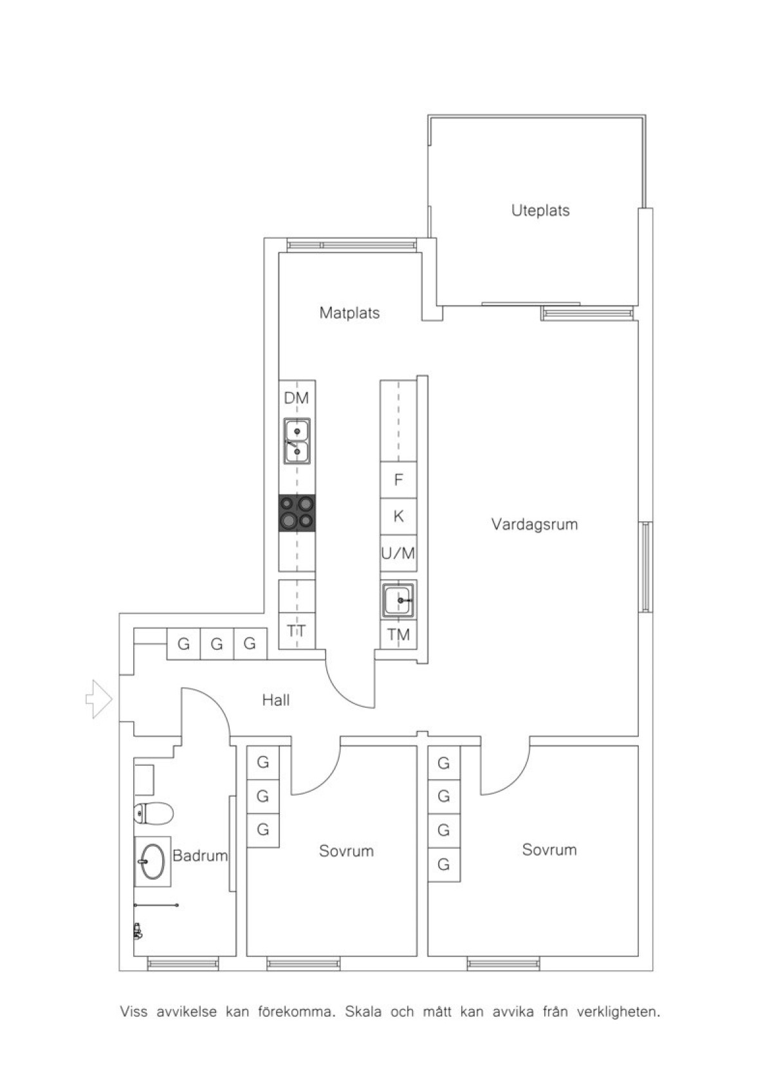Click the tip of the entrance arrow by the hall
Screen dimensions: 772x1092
[113, 699]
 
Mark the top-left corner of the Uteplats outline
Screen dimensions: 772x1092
[428, 116]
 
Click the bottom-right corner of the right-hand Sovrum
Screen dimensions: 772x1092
[638, 956]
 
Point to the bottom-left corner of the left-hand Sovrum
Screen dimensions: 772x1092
[246, 956]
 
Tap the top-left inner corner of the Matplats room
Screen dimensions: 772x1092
[279, 252]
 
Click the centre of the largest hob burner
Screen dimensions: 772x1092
[288, 521]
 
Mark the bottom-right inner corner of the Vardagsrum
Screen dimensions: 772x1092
[638, 736]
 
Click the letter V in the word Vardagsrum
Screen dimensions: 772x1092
[496, 524]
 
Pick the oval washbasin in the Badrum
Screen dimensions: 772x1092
[153, 862]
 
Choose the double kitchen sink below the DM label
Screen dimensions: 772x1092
[297, 441]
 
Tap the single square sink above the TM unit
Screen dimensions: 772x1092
[399, 600]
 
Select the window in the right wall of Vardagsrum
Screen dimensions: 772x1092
[645, 566]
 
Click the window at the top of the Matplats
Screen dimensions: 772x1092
[352, 245]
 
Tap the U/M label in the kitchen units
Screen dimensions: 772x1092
[398, 553]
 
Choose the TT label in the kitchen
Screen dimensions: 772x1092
[297, 631]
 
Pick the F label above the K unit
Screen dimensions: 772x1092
[399, 479]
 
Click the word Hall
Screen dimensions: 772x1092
[276, 700]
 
